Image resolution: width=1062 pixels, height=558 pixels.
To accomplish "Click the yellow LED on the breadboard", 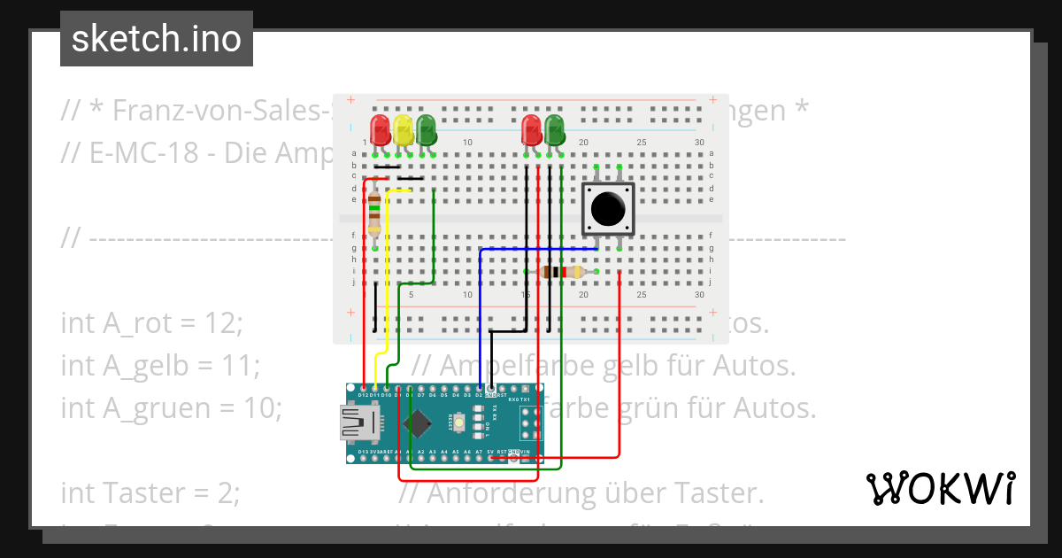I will (404, 129).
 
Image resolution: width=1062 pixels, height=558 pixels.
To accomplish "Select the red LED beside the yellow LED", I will (381, 129).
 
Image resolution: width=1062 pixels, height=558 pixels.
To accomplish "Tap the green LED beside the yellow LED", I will (427, 129).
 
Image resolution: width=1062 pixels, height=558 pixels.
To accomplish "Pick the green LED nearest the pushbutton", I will (555, 129).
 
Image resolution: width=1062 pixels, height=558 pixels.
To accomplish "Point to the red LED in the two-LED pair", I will (532, 129).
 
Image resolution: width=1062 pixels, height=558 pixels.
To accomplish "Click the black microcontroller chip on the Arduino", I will (417, 423).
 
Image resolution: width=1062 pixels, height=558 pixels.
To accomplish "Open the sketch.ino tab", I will (157, 39).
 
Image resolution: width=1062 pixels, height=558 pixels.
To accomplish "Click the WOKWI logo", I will (940, 488).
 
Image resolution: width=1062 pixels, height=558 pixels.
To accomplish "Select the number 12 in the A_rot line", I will (222, 323).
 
